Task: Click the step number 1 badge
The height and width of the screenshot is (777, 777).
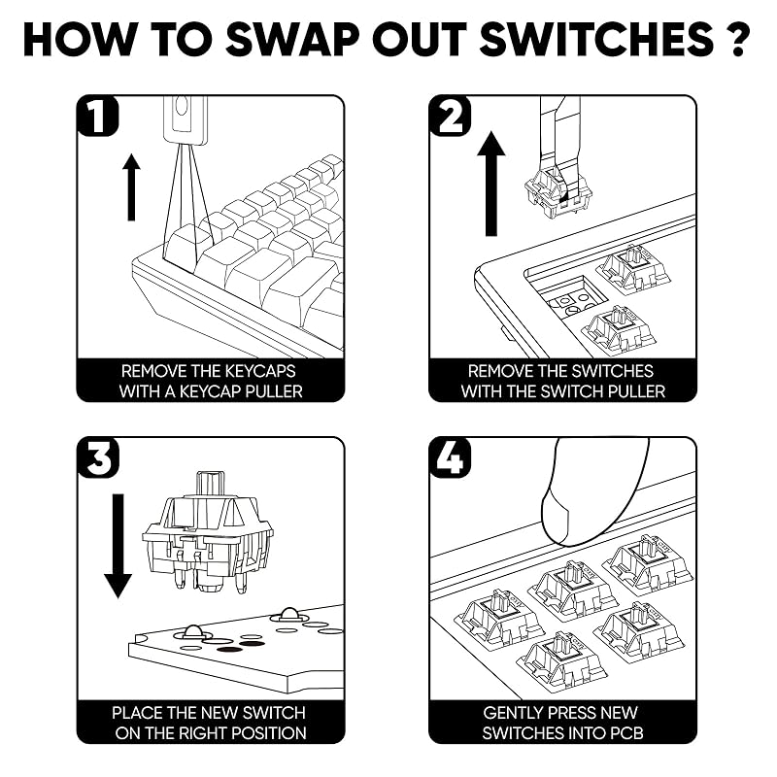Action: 98,116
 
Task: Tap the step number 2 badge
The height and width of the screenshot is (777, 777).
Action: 450,116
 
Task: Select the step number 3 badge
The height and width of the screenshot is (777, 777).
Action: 98,457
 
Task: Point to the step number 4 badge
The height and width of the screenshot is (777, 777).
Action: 450,457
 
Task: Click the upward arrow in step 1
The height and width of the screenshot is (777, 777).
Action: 131,187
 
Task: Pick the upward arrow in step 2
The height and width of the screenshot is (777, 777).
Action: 491,184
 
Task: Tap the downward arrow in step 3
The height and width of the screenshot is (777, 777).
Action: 118,546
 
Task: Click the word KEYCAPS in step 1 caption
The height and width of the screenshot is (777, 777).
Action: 259,371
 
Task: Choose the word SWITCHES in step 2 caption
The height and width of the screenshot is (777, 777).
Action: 613,371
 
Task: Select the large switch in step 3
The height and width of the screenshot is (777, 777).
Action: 207,532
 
